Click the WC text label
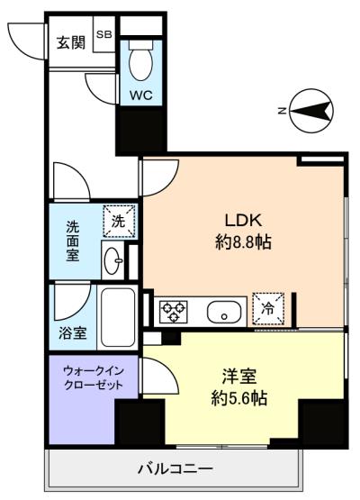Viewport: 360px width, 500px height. tap(139, 95)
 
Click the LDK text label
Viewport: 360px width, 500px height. tap(243, 220)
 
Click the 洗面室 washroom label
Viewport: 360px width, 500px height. tap(72, 241)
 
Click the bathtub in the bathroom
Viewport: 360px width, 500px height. tap(117, 317)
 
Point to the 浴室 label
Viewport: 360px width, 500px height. tap(73, 333)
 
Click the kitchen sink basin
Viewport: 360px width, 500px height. tap(222, 313)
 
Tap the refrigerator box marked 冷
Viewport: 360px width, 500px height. tap(268, 307)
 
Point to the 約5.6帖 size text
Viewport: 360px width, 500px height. tap(238, 397)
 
